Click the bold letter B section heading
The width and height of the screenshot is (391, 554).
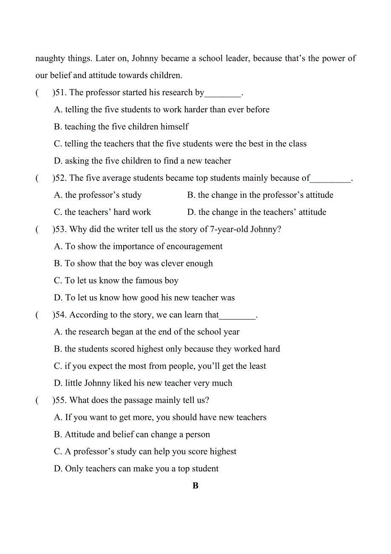pos(195,486)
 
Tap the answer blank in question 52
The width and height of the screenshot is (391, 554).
pos(331,178)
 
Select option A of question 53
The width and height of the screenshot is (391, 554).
pos(139,246)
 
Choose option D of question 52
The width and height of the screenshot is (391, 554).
pos(257,212)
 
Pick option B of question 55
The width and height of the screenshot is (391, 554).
pos(132,434)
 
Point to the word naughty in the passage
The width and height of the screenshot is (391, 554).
pos(50,59)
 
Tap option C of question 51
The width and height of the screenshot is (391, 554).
pos(180,144)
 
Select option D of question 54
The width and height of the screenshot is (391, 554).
pos(143,383)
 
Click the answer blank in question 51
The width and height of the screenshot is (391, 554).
pos(223,93)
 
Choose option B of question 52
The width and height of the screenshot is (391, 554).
pos(260,195)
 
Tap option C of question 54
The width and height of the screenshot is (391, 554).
pos(160,366)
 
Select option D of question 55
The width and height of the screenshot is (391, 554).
pos(136,468)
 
